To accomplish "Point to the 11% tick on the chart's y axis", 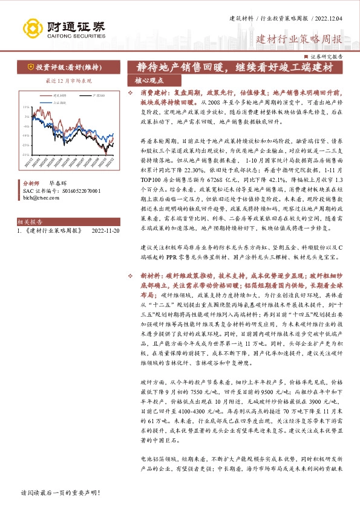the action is point(26,107).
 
